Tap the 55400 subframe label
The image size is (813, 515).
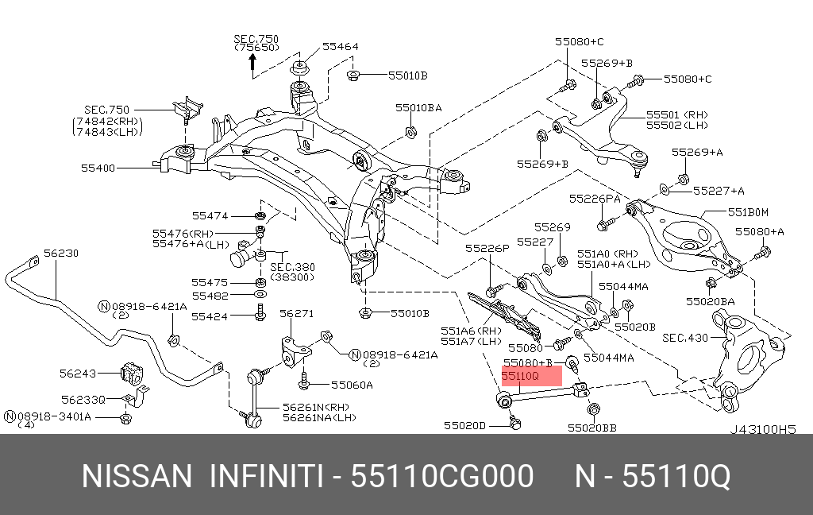(98, 168)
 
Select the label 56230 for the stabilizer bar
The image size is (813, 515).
(61, 253)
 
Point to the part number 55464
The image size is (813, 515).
(341, 47)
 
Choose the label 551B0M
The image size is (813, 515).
(749, 212)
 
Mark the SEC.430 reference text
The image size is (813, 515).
(685, 338)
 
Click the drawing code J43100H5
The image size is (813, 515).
(762, 428)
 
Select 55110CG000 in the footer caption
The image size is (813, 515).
(442, 477)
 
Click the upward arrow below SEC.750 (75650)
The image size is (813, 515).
(252, 64)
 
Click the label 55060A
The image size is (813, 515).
(352, 385)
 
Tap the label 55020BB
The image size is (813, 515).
(591, 427)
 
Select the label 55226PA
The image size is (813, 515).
(594, 198)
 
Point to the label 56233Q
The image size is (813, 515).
(83, 400)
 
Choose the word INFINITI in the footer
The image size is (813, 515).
(265, 477)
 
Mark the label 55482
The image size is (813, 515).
(210, 296)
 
